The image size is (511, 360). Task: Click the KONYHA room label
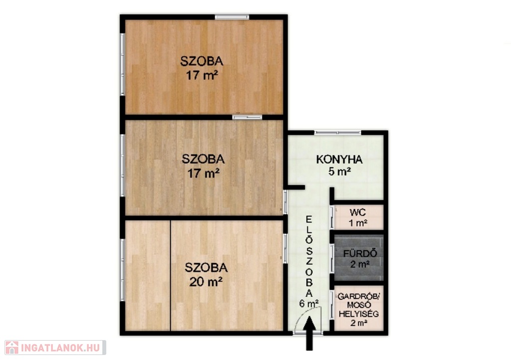pyautogui.click(x=339, y=160)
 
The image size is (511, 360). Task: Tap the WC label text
pyautogui.click(x=358, y=212)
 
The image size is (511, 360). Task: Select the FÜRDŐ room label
pyautogui.click(x=360, y=253)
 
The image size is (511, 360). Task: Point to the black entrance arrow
pyautogui.click(x=309, y=333)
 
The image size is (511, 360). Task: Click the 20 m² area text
pyautogui.click(x=206, y=281)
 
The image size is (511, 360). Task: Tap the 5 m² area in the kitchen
pyautogui.click(x=339, y=171)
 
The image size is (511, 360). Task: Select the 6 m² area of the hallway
pyautogui.click(x=309, y=303)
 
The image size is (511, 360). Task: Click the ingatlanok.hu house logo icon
pyautogui.click(x=12, y=348)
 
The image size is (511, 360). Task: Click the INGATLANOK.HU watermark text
pyautogui.click(x=60, y=348)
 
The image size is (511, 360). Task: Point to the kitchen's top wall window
pyautogui.click(x=338, y=133)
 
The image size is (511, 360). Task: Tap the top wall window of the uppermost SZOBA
pyautogui.click(x=232, y=17)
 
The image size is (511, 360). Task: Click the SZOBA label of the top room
pyautogui.click(x=202, y=61)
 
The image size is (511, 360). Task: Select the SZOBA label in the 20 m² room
pyautogui.click(x=206, y=268)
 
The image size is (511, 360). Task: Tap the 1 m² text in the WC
pyautogui.click(x=358, y=223)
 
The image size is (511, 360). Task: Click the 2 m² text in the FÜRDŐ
pyautogui.click(x=360, y=264)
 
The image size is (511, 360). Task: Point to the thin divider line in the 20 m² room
pyautogui.click(x=171, y=276)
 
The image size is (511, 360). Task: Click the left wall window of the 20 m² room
pyautogui.click(x=123, y=270)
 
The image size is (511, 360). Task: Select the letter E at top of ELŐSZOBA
pyautogui.click(x=308, y=219)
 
